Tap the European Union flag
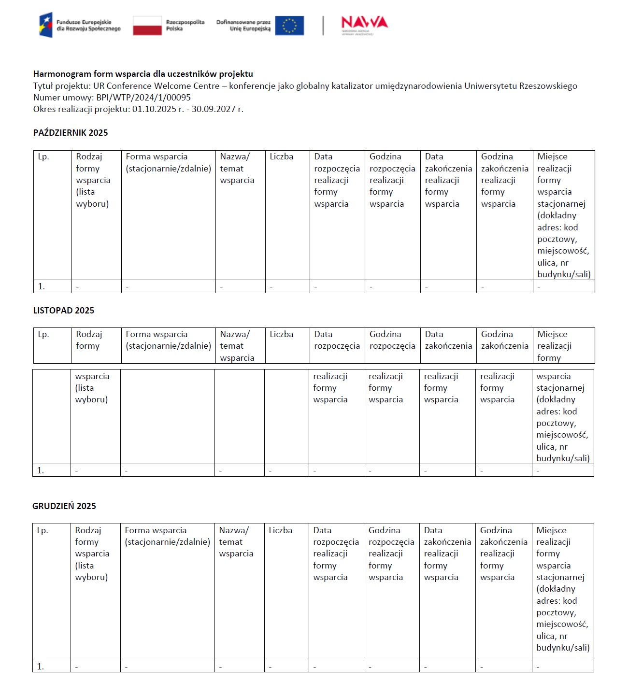[289, 26]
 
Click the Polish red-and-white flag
[147, 26]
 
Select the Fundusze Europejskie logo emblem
[45, 25]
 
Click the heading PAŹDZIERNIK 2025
[71, 133]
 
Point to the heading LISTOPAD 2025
[64, 311]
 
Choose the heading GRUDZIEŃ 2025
[64, 506]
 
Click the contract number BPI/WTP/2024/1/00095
[143, 98]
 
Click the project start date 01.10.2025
[154, 109]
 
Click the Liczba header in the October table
[282, 156]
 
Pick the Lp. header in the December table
[43, 530]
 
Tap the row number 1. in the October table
[42, 286]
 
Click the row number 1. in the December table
[41, 667]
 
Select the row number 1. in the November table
[41, 470]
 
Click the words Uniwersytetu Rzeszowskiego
[521, 86]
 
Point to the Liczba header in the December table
[281, 530]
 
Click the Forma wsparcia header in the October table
[168, 162]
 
